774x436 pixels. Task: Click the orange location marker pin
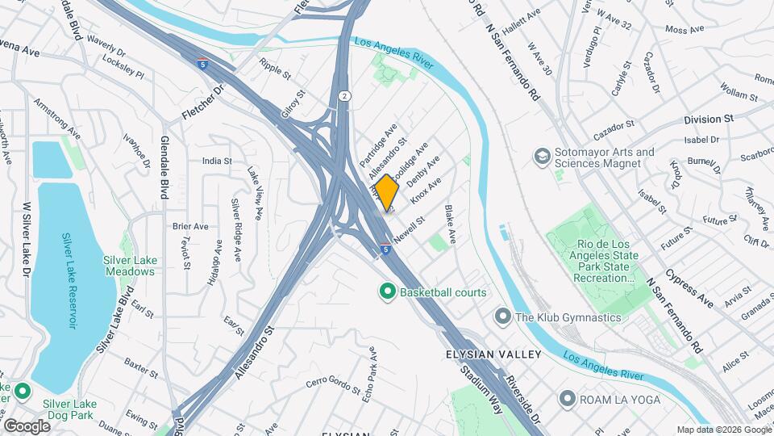click(387, 192)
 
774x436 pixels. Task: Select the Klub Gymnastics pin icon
click(504, 317)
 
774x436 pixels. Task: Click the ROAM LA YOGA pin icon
click(568, 399)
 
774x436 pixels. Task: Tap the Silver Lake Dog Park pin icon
click(22, 392)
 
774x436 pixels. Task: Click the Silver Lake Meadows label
click(129, 266)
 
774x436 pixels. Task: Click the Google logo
click(27, 426)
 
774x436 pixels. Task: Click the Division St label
click(708, 119)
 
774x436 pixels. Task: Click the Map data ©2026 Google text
click(723, 430)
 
